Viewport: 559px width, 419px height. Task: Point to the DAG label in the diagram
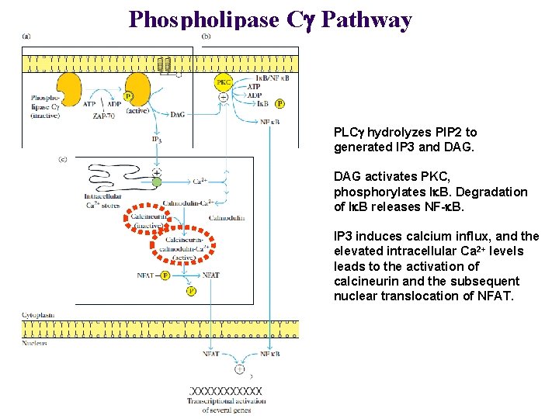[x=177, y=114]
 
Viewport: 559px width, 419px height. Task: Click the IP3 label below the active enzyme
[x=157, y=140]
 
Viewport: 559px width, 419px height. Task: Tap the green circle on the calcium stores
[x=156, y=182]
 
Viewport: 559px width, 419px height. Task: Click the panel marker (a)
[x=27, y=36]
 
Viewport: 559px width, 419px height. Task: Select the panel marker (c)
[x=64, y=159]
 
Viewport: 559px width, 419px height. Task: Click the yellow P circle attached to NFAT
[x=165, y=275]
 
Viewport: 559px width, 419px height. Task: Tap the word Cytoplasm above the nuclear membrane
[x=36, y=315]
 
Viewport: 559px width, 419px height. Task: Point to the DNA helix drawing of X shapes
[x=225, y=392]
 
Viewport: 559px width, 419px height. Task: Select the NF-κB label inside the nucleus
[x=269, y=354]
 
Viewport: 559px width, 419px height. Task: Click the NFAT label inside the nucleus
[x=210, y=354]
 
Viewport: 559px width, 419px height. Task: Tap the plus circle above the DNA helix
[x=240, y=369]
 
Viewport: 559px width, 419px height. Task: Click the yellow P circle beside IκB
[x=279, y=103]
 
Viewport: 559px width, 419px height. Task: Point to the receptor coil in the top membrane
[x=164, y=66]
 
